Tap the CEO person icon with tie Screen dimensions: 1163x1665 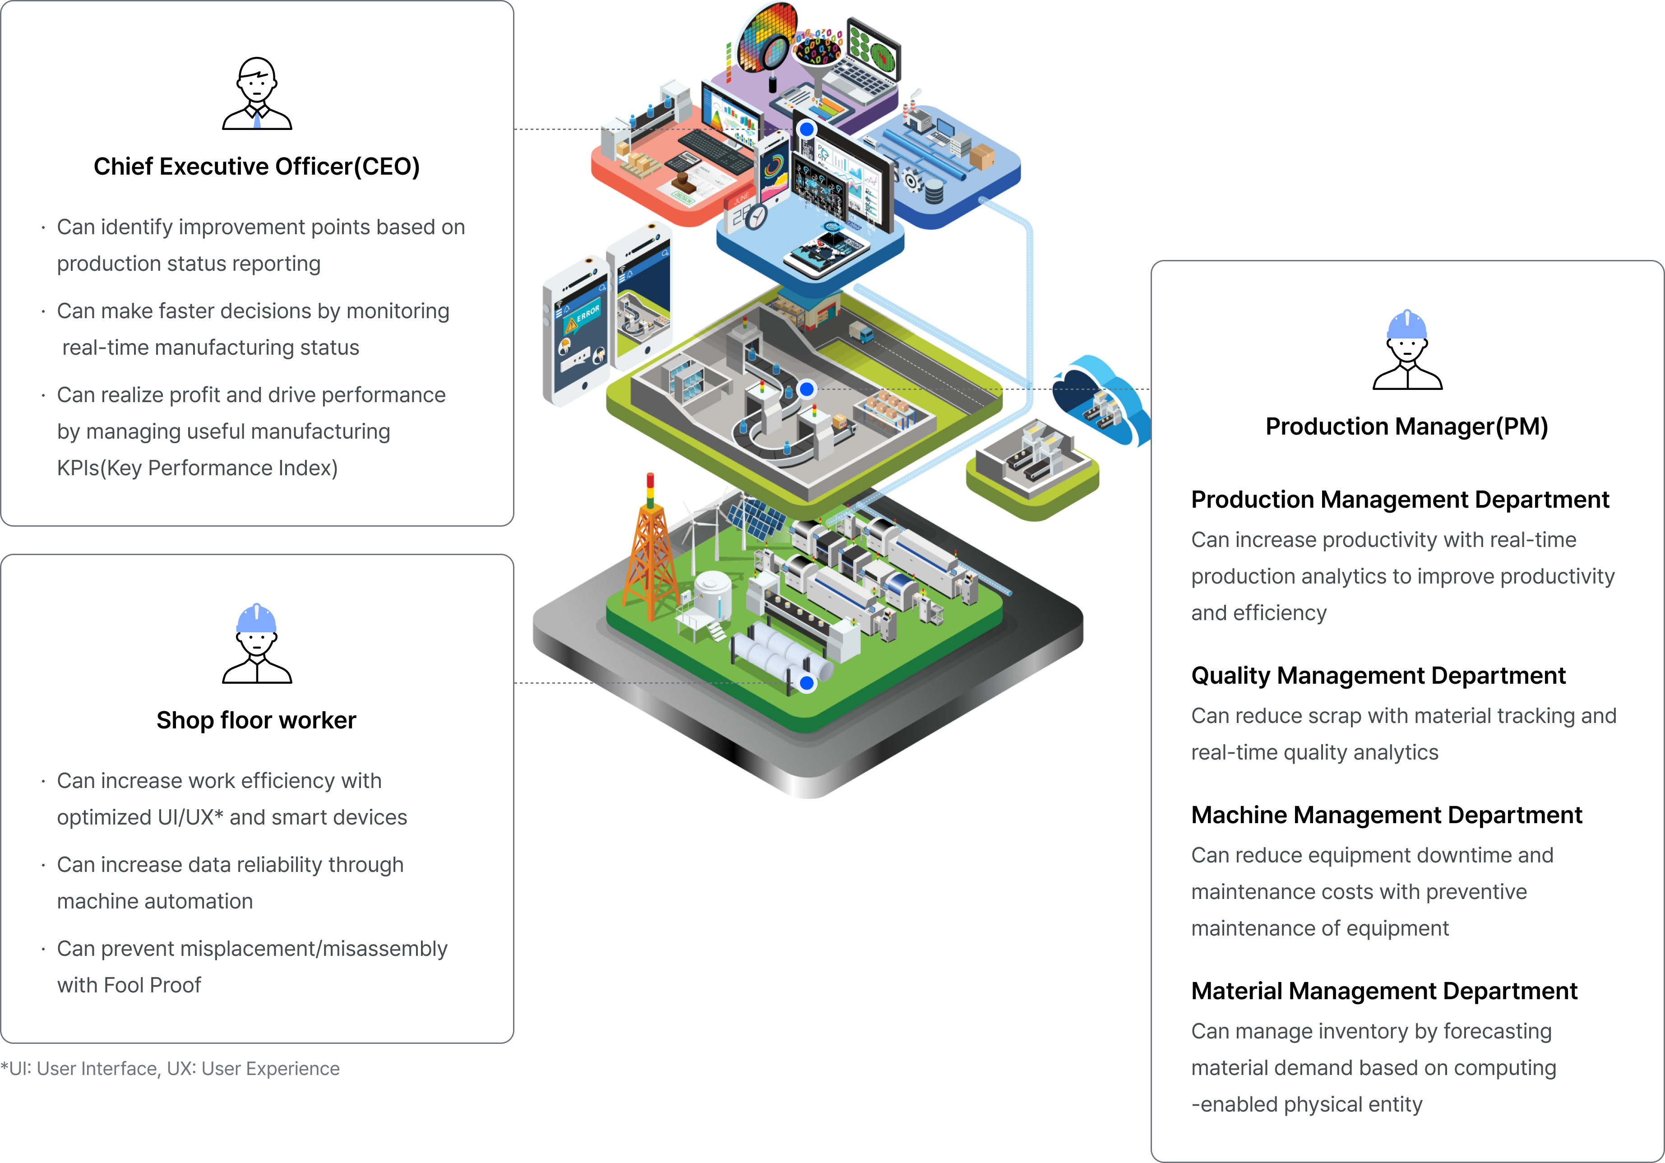[x=257, y=94]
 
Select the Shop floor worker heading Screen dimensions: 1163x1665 [x=257, y=720]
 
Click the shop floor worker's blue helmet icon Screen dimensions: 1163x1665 [x=257, y=618]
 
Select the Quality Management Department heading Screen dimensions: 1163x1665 [x=1378, y=676]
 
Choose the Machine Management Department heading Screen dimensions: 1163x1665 [x=1386, y=815]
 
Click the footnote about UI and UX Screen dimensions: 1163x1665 [x=171, y=1069]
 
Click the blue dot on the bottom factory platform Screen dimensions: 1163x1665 [x=806, y=683]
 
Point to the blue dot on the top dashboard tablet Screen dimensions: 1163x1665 [x=806, y=129]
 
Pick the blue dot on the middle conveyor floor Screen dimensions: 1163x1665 [x=806, y=389]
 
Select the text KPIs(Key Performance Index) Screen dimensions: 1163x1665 [x=197, y=468]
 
